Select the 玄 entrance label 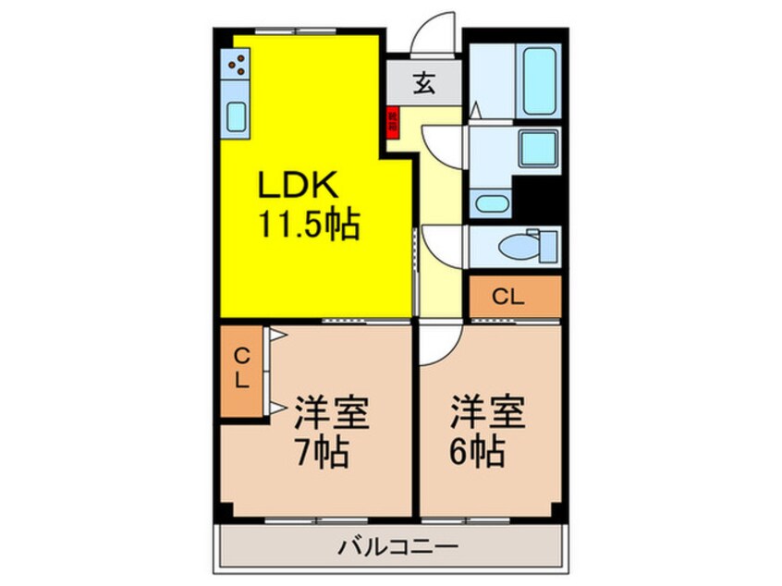point(423,84)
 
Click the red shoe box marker point(392,121)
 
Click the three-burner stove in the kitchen point(238,66)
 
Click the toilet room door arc point(437,242)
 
